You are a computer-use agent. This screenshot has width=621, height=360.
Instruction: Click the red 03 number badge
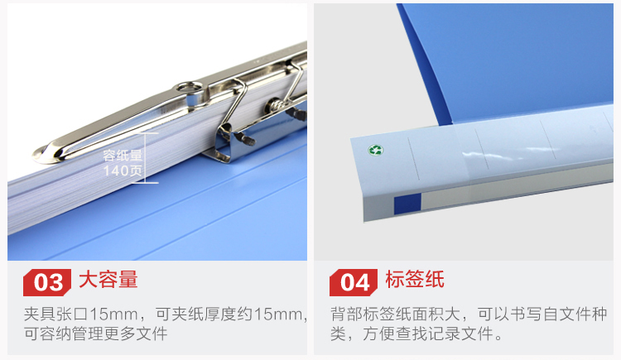47,282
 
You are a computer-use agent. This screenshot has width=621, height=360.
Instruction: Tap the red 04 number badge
354,282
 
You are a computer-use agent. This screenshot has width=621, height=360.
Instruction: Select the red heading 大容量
108,280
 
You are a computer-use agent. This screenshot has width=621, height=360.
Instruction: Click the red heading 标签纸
415,280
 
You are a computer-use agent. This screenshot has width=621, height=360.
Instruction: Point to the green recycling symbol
375,150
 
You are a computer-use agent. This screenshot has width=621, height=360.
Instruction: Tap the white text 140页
123,170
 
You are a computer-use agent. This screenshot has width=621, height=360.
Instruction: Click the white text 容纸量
123,156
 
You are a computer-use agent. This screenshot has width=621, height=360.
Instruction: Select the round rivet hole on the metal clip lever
190,87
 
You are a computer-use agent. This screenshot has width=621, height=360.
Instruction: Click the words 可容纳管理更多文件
96,334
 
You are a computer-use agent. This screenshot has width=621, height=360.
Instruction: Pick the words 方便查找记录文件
432,334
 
